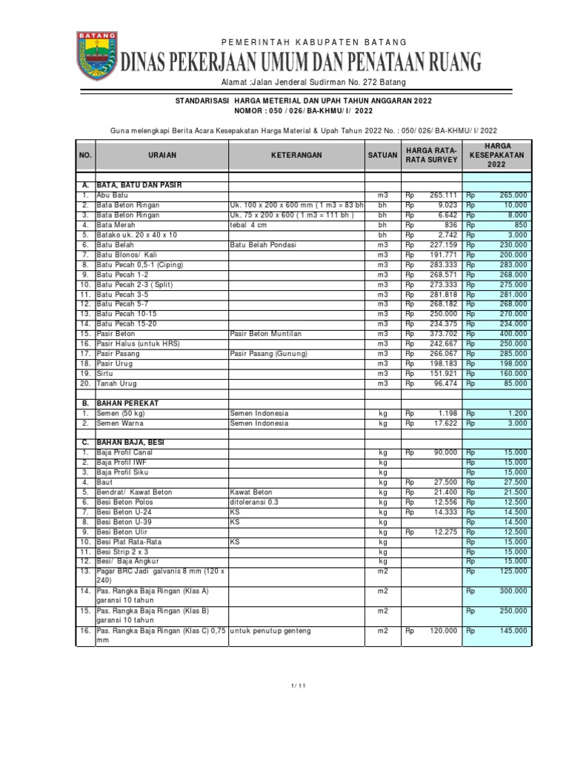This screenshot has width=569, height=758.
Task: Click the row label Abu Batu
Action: (112, 195)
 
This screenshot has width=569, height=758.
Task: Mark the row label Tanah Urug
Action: (116, 383)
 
